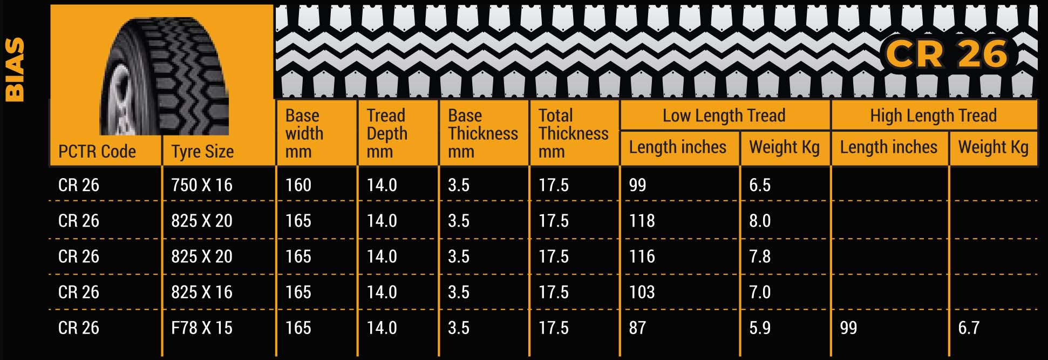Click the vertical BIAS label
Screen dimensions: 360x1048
coord(15,70)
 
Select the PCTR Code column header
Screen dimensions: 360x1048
coord(97,152)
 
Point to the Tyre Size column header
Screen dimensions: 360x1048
coord(202,152)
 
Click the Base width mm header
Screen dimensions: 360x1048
coord(304,133)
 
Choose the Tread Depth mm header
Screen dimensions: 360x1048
coord(387,133)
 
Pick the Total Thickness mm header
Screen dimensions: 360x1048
coord(573,133)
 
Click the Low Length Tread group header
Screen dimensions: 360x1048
coord(724,116)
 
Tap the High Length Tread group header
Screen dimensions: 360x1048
coord(933,116)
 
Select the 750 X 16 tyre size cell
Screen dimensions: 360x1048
coord(202,185)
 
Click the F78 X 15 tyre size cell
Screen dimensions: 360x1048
coord(202,328)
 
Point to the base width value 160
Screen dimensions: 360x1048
coord(298,185)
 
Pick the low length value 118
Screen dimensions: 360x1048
coord(642,221)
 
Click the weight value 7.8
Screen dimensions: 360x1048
coord(760,256)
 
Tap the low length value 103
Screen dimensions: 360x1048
coord(642,292)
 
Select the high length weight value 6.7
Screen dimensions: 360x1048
coord(969,328)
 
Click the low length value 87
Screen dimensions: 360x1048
coord(637,328)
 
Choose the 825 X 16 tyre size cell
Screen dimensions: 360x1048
coord(202,292)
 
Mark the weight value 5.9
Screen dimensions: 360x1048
coord(760,328)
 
